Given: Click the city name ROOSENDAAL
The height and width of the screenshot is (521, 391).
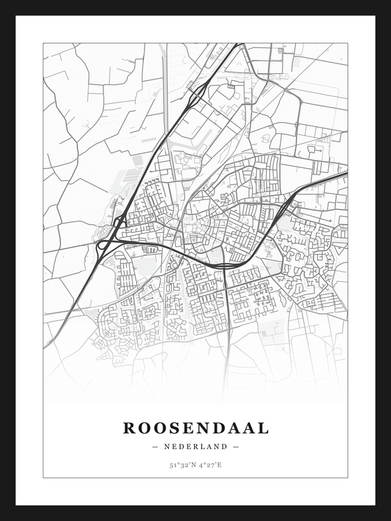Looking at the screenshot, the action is [195, 428].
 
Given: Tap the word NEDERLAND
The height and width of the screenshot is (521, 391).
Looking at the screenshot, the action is [195, 446].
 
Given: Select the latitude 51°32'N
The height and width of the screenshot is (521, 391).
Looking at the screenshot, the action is [181, 465].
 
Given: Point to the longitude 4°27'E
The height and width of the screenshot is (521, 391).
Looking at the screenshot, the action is [209, 465].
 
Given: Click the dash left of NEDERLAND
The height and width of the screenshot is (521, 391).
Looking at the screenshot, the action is [154, 446].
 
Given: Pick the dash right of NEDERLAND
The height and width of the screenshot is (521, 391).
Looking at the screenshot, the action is [237, 446].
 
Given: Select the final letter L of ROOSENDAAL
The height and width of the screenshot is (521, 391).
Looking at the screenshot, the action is [263, 428].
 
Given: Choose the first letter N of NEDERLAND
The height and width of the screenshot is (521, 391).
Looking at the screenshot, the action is [168, 446].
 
